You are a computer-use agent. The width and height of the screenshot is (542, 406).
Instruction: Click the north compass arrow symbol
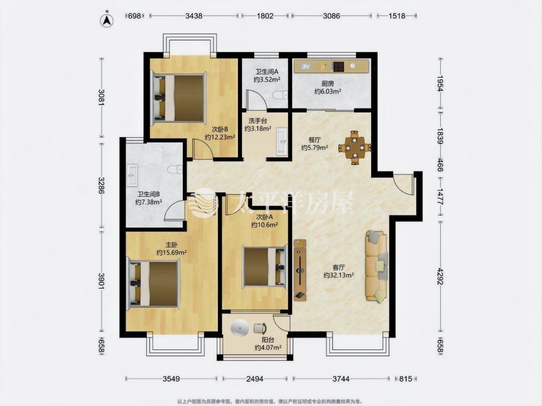coord(107,21)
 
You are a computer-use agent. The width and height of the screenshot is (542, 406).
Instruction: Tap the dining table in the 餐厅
coord(355,148)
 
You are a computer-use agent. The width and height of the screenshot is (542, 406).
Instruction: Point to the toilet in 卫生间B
coord(175,170)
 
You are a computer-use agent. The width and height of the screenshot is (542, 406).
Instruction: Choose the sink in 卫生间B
coord(132,175)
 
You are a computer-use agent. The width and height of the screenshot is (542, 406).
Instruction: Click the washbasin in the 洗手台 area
coord(281,142)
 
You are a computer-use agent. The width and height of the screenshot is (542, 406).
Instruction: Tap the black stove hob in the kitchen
coord(338,66)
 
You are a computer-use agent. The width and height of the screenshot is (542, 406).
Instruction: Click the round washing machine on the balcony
coord(240,328)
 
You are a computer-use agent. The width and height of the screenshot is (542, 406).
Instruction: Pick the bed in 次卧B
coord(178,98)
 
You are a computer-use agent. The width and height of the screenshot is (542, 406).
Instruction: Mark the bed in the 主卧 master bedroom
coord(152,284)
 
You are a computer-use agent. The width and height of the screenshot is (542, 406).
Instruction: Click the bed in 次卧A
coord(266,267)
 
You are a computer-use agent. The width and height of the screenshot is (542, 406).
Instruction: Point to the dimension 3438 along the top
coord(194,16)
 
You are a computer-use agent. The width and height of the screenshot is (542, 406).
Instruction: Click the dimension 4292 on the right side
coord(440,276)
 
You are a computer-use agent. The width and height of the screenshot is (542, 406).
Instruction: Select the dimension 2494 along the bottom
coord(255,379)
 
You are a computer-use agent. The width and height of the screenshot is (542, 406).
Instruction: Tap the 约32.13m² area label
coord(339,275)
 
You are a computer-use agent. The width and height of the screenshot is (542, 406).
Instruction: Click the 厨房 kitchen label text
coord(328,84)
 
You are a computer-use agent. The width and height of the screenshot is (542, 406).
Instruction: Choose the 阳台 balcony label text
coord(268,340)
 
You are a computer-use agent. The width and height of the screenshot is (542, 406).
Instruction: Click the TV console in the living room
coord(300,270)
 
